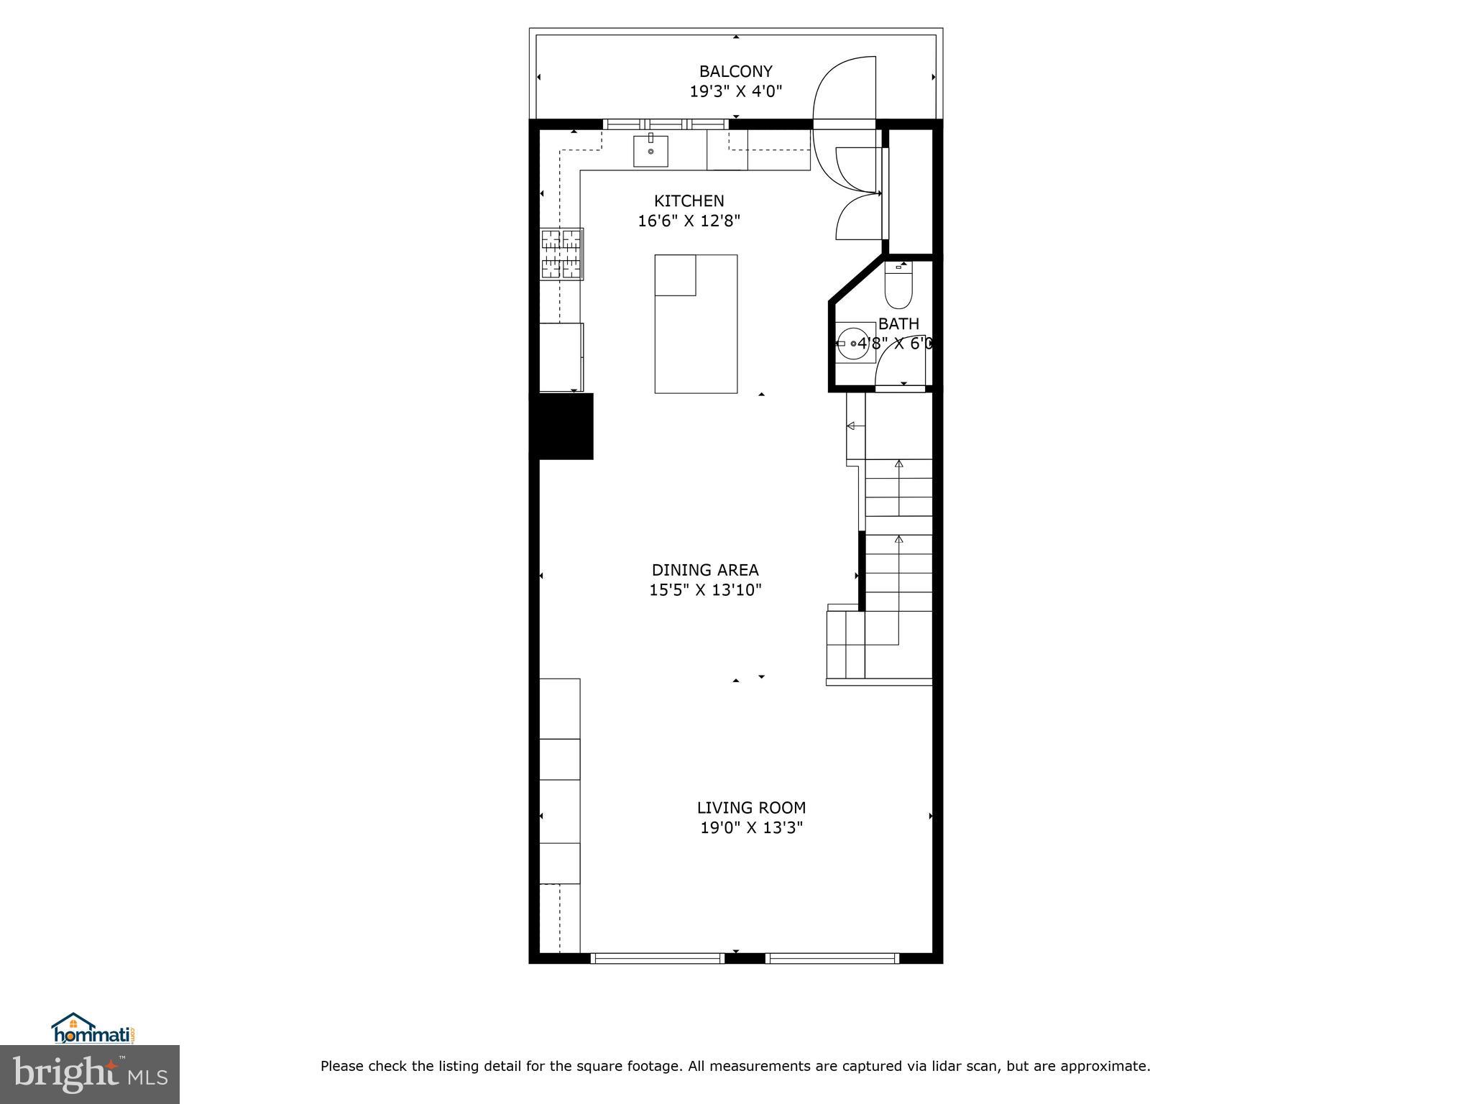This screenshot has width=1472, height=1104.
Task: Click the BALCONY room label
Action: click(x=735, y=71)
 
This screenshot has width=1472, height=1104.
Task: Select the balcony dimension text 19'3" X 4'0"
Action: click(x=735, y=91)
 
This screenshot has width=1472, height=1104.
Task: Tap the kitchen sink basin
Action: click(x=650, y=151)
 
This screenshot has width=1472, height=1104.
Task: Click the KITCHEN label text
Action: click(x=689, y=201)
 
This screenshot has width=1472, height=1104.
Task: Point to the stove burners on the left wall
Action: click(x=562, y=254)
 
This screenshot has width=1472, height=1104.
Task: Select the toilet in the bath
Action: click(x=898, y=287)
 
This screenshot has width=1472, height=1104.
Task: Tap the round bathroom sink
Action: click(x=854, y=344)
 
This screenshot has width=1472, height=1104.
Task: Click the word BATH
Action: click(x=898, y=323)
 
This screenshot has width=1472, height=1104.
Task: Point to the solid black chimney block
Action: click(x=561, y=425)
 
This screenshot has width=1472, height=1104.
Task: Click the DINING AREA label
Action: click(x=704, y=570)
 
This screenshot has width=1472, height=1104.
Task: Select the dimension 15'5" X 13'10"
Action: click(x=704, y=590)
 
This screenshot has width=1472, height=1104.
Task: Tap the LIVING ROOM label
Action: click(x=751, y=807)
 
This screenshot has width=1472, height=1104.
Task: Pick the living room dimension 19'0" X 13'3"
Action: click(x=751, y=827)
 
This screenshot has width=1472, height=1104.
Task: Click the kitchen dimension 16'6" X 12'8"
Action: click(x=689, y=221)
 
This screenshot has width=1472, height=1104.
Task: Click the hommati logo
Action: click(x=93, y=1029)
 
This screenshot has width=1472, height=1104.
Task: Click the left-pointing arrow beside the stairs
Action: click(x=855, y=426)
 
